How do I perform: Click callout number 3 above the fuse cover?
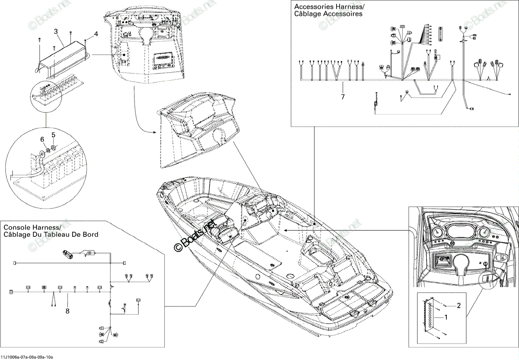(x=56, y=31)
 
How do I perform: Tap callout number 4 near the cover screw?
(x=96, y=34)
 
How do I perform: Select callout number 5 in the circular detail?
(x=53, y=135)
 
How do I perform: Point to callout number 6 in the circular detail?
(x=42, y=139)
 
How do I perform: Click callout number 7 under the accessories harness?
(x=343, y=97)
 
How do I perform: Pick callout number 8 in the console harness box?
(x=67, y=311)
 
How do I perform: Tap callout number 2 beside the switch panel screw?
(x=459, y=306)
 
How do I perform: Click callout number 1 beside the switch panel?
(x=445, y=317)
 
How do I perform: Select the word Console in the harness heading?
(x=17, y=227)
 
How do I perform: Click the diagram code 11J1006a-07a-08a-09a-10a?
(x=27, y=357)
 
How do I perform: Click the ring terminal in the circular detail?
(x=42, y=153)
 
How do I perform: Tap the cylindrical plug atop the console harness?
(x=67, y=254)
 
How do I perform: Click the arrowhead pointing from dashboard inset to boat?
(x=286, y=230)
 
